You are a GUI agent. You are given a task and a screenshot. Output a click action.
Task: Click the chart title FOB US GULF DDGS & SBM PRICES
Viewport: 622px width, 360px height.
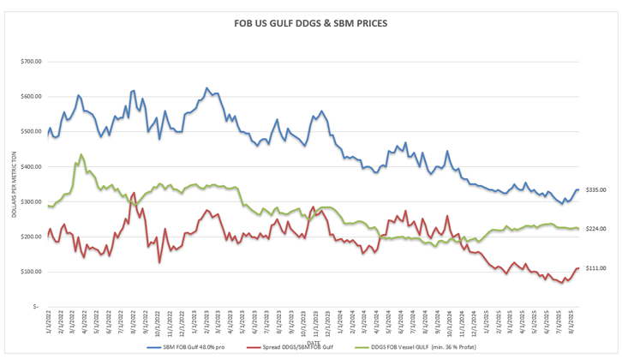310,23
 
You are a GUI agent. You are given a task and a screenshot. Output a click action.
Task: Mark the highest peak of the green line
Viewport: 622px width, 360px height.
81,155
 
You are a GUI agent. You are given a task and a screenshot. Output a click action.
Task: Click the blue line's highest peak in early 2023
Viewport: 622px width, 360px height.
206,87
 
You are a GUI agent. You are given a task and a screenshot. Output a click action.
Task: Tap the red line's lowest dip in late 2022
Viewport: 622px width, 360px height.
159,261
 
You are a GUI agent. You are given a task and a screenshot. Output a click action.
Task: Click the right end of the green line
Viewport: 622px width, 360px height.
578,228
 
